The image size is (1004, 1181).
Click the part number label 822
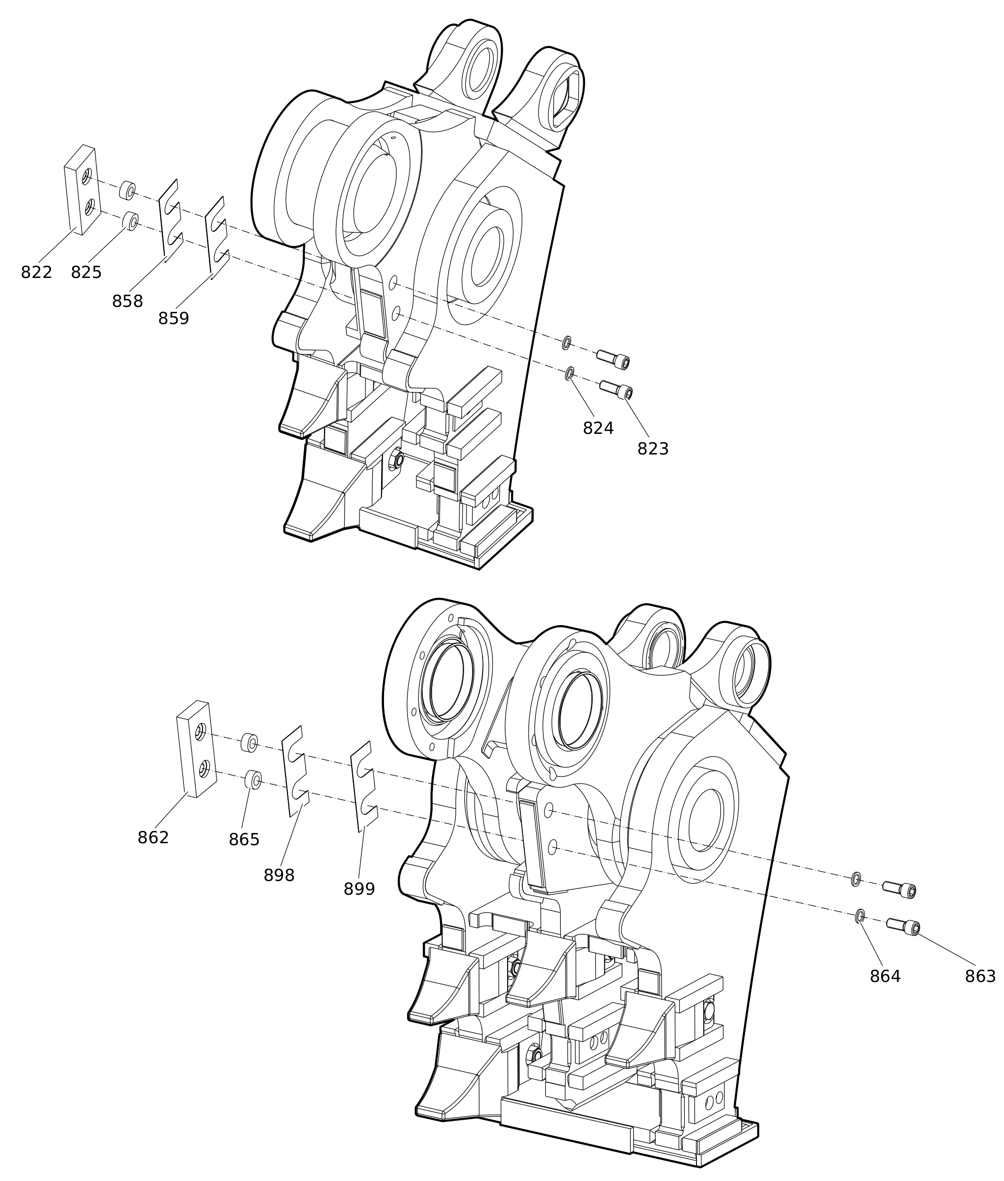coord(36,273)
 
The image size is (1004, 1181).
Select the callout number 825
coord(86,273)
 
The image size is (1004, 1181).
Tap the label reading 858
coord(128,302)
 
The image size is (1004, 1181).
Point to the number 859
coord(174,319)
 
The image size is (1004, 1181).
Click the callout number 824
coord(598,428)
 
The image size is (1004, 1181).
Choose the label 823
coord(653,449)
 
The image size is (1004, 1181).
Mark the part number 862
coord(153,837)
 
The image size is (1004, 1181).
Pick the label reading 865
coord(244,840)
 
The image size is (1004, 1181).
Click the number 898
coord(279,876)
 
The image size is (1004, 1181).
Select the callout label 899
coord(359,889)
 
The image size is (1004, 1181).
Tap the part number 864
coord(885,976)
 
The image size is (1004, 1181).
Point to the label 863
coord(980,976)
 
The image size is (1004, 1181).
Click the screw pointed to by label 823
coord(617,391)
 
